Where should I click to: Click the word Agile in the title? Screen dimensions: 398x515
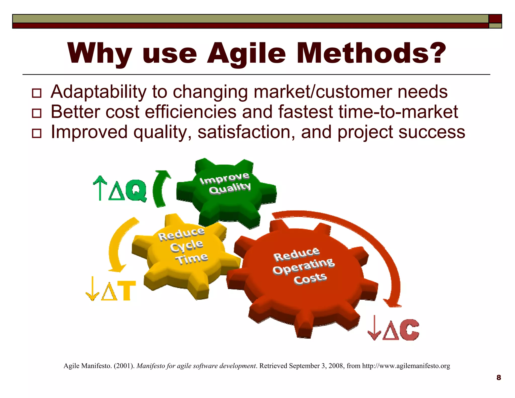246,53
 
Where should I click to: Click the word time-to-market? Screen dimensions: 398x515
398,112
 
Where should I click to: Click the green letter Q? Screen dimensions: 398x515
136,191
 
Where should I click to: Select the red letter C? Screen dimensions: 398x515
409,330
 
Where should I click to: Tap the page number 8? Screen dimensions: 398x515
499,378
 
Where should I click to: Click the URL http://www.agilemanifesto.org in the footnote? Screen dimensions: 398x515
406,366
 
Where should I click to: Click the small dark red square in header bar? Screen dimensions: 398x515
495,19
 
